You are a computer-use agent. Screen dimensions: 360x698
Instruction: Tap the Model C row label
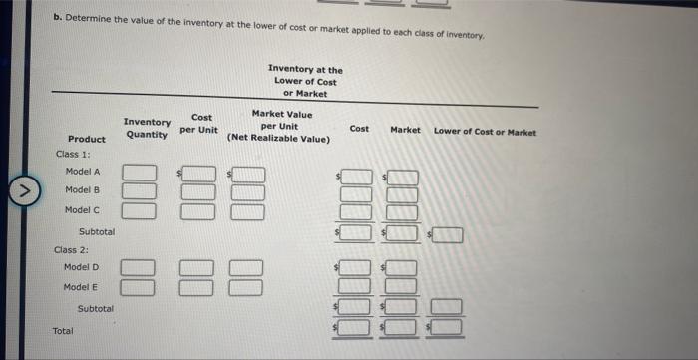(82, 209)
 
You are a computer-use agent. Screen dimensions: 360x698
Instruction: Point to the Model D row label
(81, 267)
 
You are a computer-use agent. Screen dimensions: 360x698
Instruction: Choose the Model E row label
(81, 287)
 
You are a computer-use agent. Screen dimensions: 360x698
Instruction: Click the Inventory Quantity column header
(147, 128)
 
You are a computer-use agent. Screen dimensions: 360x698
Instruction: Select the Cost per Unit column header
(199, 124)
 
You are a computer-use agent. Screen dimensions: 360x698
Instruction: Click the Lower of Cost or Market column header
(485, 132)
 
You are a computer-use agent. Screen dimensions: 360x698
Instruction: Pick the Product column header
(86, 139)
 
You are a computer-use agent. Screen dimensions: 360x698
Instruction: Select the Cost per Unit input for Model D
(197, 268)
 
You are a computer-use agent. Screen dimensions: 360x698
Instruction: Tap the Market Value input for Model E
(250, 287)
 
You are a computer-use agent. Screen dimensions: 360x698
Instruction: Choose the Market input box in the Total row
(402, 325)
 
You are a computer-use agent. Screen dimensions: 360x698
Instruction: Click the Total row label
(63, 329)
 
